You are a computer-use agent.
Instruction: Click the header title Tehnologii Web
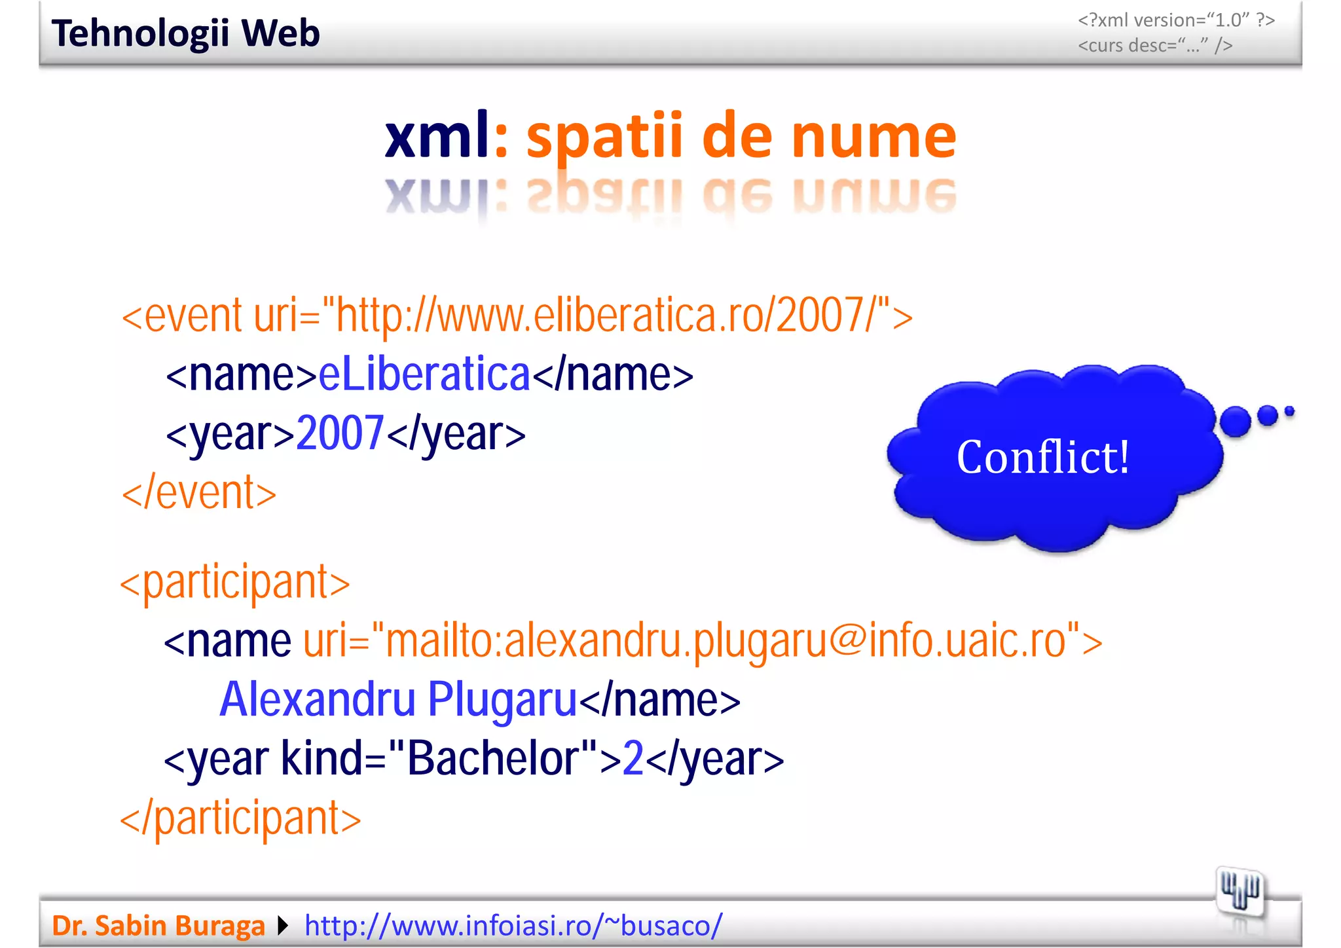(185, 33)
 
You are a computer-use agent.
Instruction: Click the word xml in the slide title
(436, 136)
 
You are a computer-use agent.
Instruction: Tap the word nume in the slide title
(873, 136)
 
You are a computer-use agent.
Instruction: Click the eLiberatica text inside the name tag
(424, 374)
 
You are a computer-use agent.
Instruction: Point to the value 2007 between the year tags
(340, 433)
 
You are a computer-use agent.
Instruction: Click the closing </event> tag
(199, 492)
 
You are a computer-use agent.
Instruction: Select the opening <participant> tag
(235, 581)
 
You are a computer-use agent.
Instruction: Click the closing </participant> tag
(240, 818)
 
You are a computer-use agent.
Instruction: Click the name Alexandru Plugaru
(398, 699)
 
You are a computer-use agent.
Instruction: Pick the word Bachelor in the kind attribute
(492, 758)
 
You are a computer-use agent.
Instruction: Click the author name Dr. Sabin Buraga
(158, 926)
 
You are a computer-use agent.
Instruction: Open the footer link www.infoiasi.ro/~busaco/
(513, 926)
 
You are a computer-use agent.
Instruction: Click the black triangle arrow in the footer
(283, 926)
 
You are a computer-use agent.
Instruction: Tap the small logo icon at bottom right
(1240, 891)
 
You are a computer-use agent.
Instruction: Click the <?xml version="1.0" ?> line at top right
(1176, 20)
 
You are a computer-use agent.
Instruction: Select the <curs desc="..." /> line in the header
(1155, 45)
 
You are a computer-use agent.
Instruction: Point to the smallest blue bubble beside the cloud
(1289, 411)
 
